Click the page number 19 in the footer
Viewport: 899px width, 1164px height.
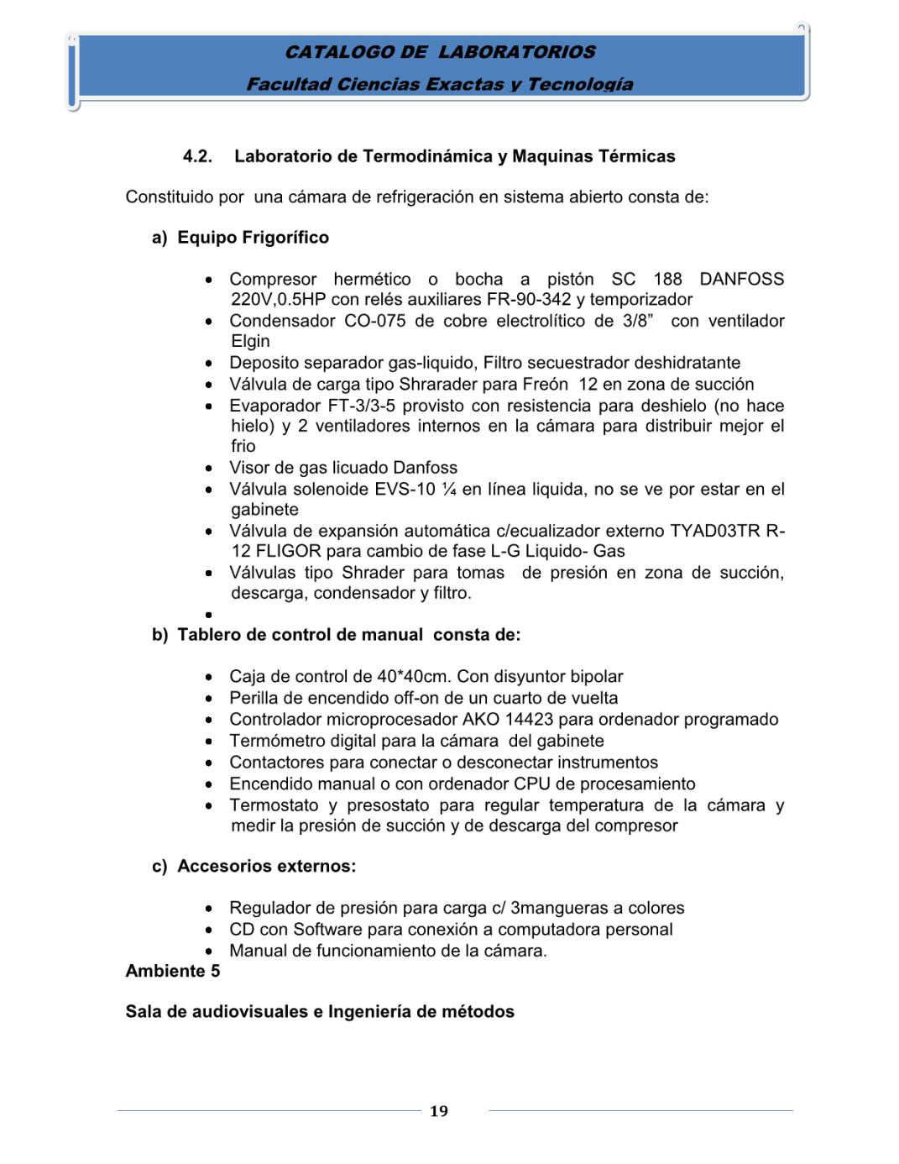pos(438,1111)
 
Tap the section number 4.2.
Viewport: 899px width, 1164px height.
pos(197,156)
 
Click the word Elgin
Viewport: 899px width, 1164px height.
pos(250,341)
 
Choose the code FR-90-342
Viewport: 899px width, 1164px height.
pos(529,300)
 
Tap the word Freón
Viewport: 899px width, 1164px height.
pos(545,384)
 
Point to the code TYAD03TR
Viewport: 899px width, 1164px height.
pos(714,531)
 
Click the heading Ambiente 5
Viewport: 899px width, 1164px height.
pos(173,971)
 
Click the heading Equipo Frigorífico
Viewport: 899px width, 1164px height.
pos(253,238)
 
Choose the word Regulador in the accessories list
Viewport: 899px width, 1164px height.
pos(270,908)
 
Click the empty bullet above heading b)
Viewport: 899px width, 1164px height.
pos(208,615)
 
